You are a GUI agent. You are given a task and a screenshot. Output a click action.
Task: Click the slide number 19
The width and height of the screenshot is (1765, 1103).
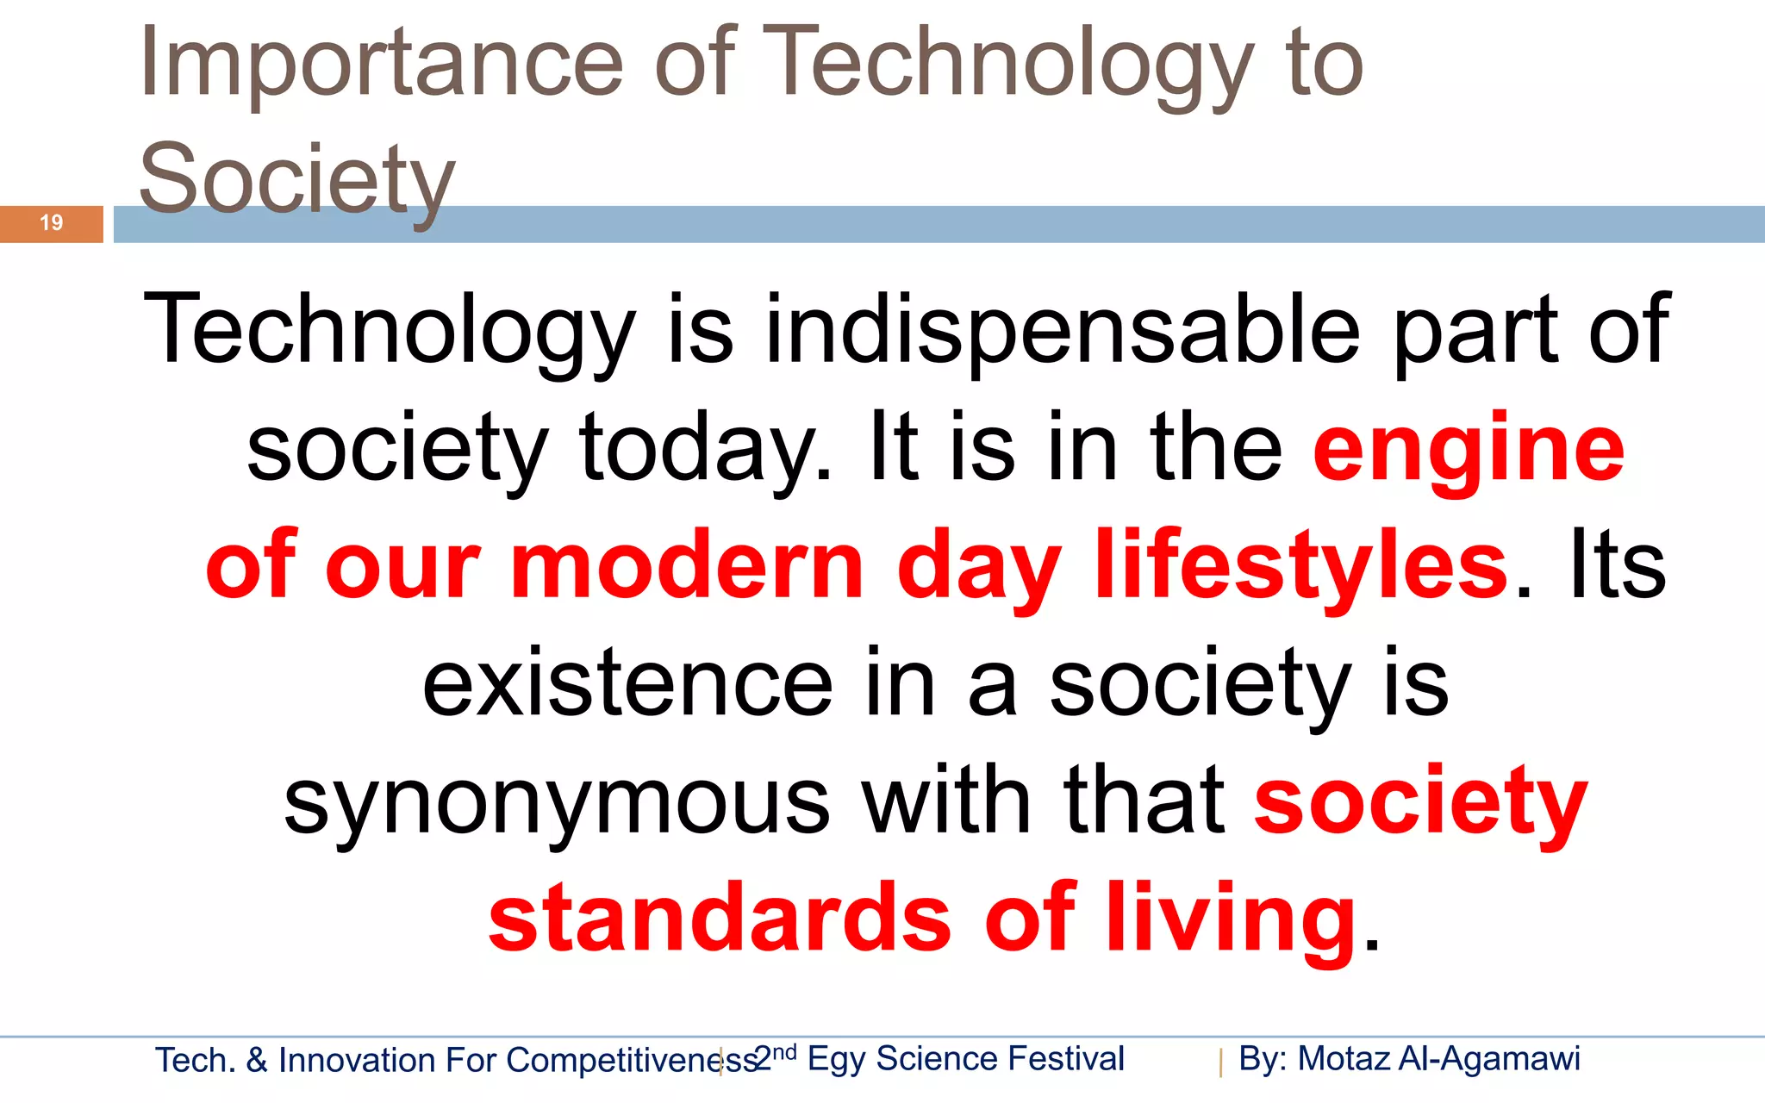coord(52,223)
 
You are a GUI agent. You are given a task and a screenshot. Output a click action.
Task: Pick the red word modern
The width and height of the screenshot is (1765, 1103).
coord(687,567)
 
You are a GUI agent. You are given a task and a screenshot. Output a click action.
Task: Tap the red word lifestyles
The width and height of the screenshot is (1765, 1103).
coord(1301,567)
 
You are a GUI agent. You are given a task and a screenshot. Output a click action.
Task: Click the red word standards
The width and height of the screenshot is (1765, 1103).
coord(720,919)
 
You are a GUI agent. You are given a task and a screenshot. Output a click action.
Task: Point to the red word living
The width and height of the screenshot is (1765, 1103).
coord(1232,919)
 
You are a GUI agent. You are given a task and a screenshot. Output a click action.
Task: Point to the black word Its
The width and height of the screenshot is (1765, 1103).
coord(1617,567)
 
